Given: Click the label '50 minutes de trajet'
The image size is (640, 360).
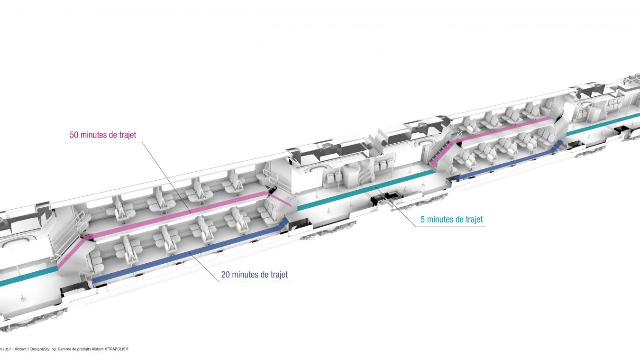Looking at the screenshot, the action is pos(103,135).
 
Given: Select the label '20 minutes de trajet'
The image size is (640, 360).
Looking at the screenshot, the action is pos(254,275).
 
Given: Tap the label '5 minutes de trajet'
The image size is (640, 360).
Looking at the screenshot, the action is pos(451,219).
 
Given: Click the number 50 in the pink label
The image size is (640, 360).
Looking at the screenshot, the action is pos(74,135).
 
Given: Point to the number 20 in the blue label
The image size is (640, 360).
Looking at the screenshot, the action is pos(226,275).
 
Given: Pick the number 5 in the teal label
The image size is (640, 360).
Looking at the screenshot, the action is pos(422,219).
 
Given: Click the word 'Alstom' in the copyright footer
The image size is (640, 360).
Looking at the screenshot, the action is pos(20,349).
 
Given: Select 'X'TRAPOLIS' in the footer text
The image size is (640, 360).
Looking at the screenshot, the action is pos(116,349).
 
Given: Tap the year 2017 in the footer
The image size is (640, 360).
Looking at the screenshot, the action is pos(7,349).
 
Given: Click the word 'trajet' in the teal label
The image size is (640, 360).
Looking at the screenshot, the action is pos(474,219).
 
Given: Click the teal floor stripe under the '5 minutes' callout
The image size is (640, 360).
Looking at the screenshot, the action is pos(366,190).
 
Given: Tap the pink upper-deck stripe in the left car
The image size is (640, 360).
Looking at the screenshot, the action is pos(180,214).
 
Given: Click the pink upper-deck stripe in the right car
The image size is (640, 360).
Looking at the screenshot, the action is pos(503,129).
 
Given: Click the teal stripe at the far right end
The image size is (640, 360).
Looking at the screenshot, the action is pos(603,124).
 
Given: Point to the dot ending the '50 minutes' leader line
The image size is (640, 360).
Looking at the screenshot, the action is pos(190,212).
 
